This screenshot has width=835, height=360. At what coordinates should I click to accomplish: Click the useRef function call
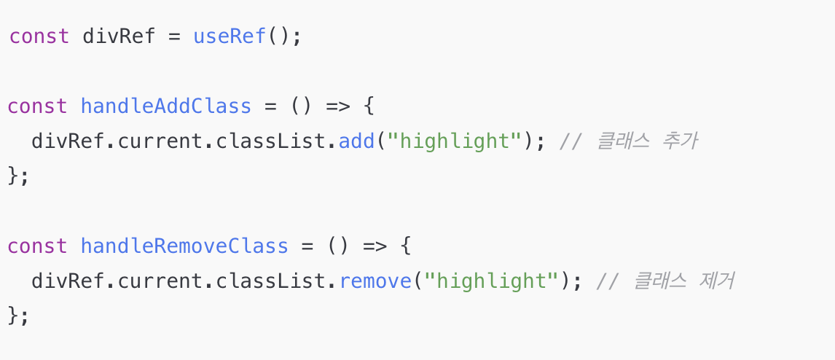(x=230, y=36)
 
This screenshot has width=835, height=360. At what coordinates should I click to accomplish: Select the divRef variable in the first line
(x=119, y=36)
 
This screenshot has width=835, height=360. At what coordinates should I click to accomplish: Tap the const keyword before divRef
(x=39, y=36)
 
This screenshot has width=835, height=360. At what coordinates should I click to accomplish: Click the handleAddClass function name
(x=165, y=106)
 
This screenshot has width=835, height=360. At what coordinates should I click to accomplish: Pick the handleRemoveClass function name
(x=184, y=246)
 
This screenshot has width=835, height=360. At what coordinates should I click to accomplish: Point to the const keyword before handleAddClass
(x=38, y=106)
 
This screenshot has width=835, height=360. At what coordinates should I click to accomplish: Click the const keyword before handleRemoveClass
(x=38, y=246)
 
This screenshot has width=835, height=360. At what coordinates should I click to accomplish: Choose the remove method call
(x=375, y=281)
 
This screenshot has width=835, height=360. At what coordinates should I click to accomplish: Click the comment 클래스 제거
(x=665, y=281)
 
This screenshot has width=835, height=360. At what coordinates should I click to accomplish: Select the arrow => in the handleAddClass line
(x=338, y=106)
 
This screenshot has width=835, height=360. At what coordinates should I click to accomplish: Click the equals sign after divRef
(x=174, y=36)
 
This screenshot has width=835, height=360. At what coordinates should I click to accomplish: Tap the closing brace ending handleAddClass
(x=13, y=176)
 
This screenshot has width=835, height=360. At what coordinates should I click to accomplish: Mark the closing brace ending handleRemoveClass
(x=13, y=316)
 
